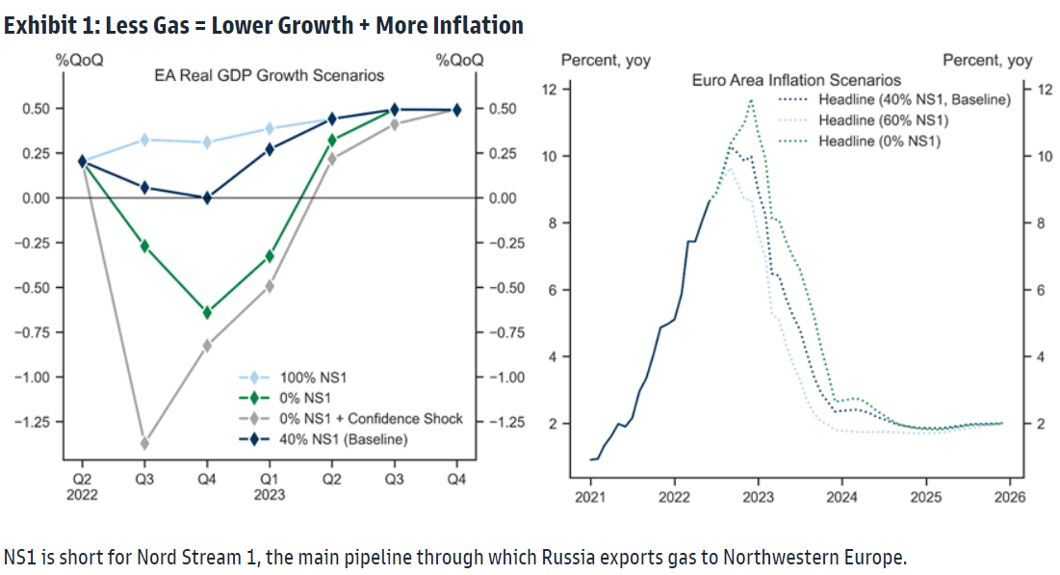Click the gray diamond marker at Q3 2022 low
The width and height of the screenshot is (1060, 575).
pos(145,443)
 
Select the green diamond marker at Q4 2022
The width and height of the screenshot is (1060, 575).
pos(207,312)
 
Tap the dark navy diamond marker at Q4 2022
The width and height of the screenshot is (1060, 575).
pos(207,197)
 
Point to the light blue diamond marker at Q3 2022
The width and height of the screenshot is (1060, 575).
pos(145,140)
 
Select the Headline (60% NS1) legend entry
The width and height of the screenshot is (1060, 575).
pos(883,120)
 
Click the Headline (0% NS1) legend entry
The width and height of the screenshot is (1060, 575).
pos(879,142)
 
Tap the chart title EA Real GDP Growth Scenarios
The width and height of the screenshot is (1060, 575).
pos(270,75)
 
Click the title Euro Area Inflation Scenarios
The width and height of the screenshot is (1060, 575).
pos(796,80)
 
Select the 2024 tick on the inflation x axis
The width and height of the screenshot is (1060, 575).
pos(841,497)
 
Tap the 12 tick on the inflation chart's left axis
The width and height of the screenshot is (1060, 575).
pos(550,90)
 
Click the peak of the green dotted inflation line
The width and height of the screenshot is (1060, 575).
pos(750,100)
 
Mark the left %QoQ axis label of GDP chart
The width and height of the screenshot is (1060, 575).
pos(79,60)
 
